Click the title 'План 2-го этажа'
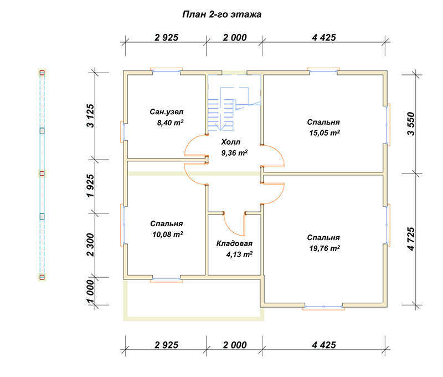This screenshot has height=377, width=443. point(222,14)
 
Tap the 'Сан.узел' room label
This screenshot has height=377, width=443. point(167,112)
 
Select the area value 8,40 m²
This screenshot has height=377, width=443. point(171,123)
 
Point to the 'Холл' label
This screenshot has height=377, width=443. point(230,142)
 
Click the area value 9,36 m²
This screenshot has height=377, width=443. point(234,153)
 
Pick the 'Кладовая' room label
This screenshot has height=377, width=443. point(234,243)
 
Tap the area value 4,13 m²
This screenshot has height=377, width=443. point(239,254)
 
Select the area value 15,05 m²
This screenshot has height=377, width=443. point(324,133)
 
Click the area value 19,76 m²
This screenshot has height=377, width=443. point(324,248)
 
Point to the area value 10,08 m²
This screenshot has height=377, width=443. point(168,235)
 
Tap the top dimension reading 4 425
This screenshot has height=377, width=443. point(324,38)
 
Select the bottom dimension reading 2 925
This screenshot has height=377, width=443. point(167,345)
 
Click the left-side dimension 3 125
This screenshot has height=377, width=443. point(90,116)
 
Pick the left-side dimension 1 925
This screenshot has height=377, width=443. point(90,186)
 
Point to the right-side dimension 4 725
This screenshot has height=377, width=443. point(411,239)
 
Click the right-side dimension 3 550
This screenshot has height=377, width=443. point(411,124)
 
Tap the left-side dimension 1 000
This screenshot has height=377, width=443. point(90,291)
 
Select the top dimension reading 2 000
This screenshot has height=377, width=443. point(235,38)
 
